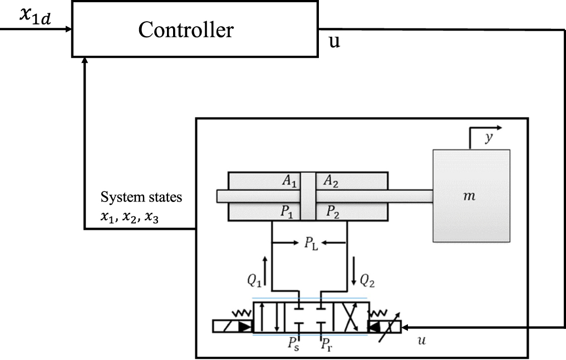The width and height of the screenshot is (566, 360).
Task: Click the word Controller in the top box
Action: pyautogui.click(x=186, y=29)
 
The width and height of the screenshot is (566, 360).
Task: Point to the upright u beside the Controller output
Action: pyautogui.click(x=334, y=42)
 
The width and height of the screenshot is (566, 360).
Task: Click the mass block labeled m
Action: pyautogui.click(x=471, y=196)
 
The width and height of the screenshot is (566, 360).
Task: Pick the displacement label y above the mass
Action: pyautogui.click(x=488, y=138)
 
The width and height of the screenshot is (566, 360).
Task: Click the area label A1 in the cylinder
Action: pyautogui.click(x=289, y=182)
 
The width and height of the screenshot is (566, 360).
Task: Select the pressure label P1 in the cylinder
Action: pyautogui.click(x=289, y=211)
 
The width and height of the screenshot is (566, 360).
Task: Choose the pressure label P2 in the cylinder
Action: pyautogui.click(x=332, y=211)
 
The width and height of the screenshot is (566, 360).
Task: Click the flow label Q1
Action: pyautogui.click(x=255, y=282)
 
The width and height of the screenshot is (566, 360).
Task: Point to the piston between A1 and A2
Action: pyautogui.click(x=309, y=196)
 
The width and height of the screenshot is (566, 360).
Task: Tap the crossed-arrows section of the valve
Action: pyautogui.click(x=349, y=317)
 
